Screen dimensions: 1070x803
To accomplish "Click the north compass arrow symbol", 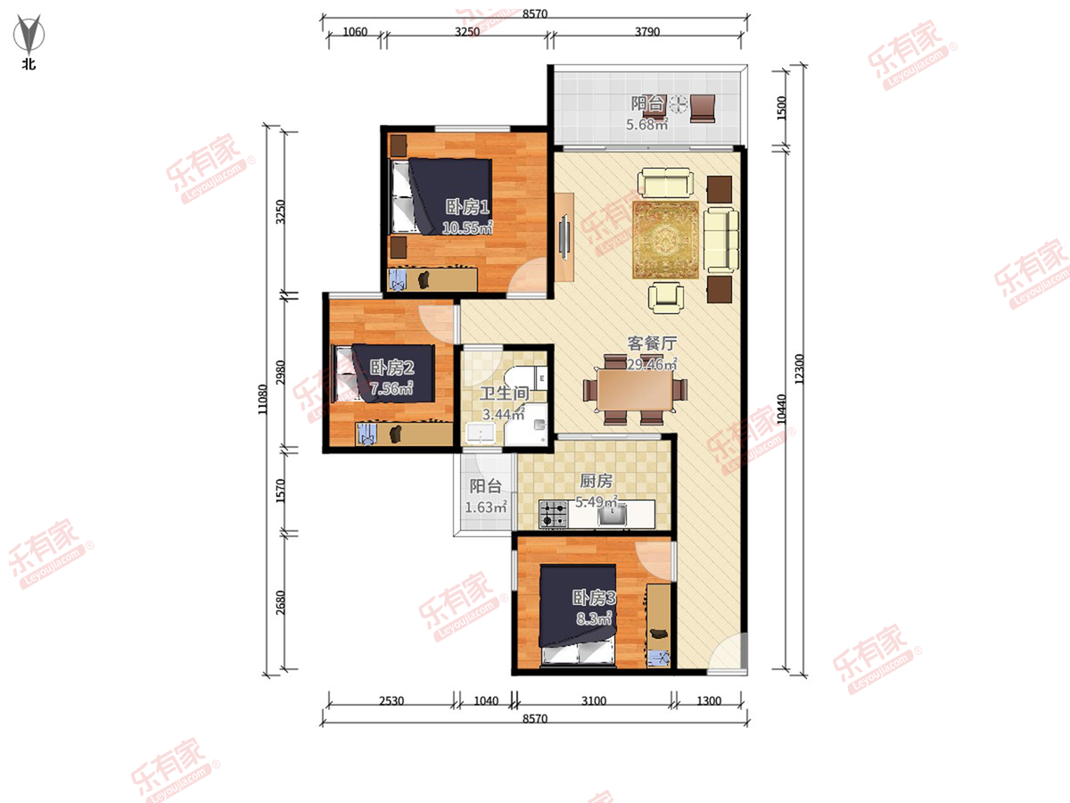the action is tap(29, 34).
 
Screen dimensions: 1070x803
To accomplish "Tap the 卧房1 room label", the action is tap(467, 207).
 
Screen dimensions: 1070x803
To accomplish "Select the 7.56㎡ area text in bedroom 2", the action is tap(391, 388).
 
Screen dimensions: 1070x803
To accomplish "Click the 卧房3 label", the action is tap(594, 598).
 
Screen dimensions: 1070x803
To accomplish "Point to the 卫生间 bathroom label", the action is tap(504, 393).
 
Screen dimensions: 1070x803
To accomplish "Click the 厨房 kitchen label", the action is tap(596, 481).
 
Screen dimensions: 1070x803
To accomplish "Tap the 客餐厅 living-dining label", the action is tap(652, 344).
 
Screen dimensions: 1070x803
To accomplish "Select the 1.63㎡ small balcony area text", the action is tap(486, 508).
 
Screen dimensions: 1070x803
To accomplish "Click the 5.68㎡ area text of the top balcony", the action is tap(646, 124).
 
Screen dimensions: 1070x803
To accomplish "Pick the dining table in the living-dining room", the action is tap(635, 390).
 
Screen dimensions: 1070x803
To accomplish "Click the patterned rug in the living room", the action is tap(666, 240).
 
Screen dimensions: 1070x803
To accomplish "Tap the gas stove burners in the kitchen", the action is tap(554, 515).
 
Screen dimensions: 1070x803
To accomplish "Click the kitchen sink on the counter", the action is tap(613, 517).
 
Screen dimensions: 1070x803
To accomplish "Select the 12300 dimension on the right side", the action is tap(798, 369).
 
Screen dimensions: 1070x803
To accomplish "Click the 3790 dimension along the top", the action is tap(647, 32).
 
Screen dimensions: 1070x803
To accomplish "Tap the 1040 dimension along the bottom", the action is tap(486, 701).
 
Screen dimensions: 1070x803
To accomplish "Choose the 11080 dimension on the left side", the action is tap(263, 400).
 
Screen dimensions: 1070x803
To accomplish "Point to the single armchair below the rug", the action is tap(666, 297).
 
